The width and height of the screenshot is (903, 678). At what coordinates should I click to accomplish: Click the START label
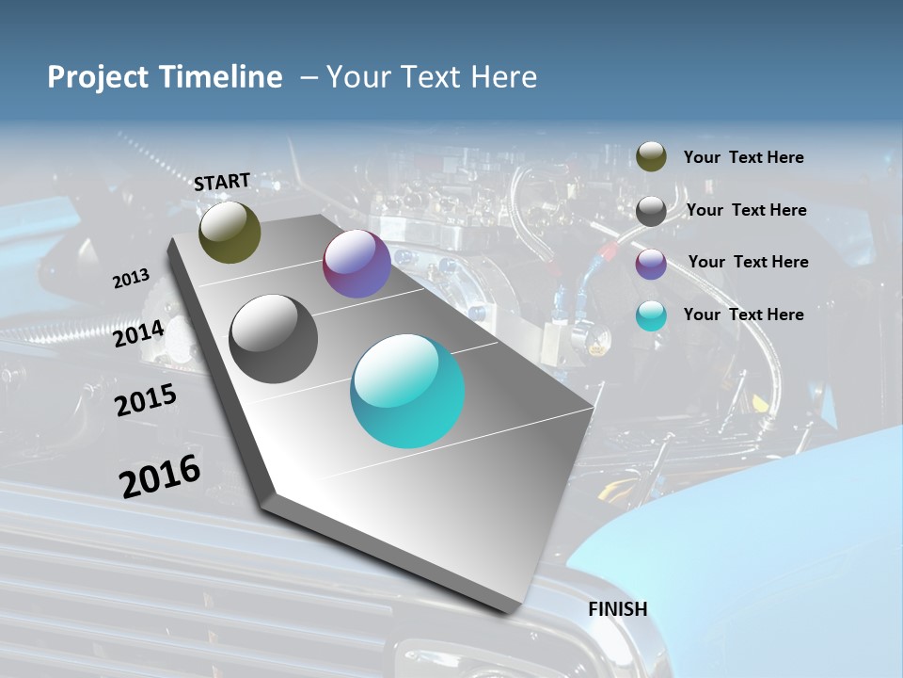(222, 181)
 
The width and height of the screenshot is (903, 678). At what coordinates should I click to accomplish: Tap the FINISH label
(617, 609)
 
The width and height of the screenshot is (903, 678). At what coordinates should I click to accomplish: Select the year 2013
(131, 279)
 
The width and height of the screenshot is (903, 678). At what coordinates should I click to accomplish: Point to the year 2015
(146, 400)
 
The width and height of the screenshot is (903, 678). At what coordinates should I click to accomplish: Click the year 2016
(160, 476)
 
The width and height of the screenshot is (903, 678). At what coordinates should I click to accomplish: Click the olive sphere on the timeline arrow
(230, 232)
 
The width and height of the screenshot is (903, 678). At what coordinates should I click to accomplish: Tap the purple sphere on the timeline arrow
(356, 265)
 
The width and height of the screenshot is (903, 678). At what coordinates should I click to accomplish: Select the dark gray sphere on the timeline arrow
(273, 339)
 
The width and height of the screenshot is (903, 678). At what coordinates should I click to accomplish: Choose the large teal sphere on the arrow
(407, 391)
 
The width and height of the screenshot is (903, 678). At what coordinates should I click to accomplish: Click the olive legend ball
(651, 156)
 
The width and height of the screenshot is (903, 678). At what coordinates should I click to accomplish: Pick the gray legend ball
(651, 211)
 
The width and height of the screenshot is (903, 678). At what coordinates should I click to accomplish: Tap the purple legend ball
(651, 264)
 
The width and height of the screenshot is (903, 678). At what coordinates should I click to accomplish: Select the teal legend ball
(651, 316)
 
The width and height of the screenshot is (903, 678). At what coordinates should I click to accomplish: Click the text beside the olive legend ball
(743, 158)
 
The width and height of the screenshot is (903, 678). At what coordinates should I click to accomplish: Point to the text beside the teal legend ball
(743, 315)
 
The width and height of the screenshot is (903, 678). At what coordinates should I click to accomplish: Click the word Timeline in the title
(223, 77)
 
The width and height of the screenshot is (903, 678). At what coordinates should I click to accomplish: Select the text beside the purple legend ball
(748, 262)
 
